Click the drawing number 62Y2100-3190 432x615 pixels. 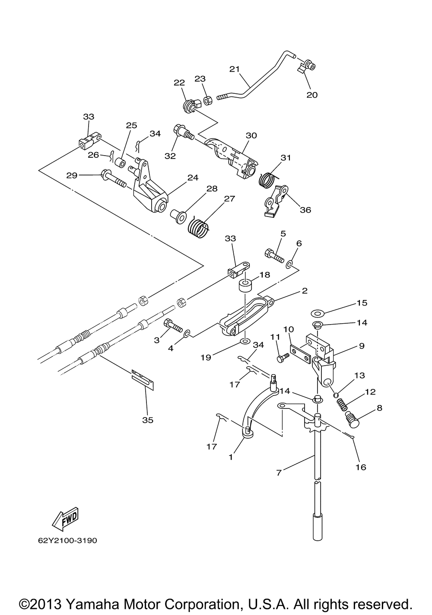pos(64,540)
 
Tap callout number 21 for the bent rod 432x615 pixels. pos(234,69)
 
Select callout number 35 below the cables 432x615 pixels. pos(148,420)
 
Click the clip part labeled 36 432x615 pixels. pos(275,201)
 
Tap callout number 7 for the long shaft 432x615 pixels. pos(279,472)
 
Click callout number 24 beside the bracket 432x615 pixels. pos(192,177)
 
